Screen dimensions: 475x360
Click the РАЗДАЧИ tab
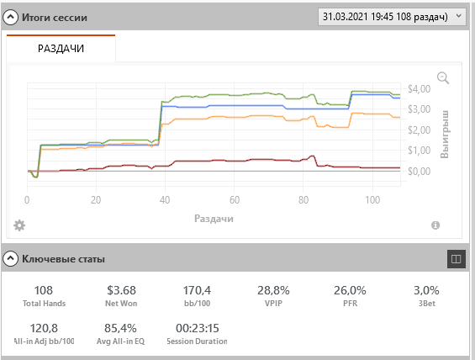click(61, 49)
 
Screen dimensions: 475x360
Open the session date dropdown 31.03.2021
click(392, 17)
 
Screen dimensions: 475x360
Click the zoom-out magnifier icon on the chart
click(443, 77)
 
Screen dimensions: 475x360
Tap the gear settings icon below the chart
click(19, 225)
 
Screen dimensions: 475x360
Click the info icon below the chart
click(435, 225)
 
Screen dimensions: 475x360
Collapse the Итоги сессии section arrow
click(10, 18)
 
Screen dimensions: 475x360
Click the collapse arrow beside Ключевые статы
click(10, 259)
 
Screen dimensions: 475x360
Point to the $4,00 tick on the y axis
click(419, 89)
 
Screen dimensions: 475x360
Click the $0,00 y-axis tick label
click(419, 172)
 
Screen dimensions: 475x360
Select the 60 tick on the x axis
click(235, 200)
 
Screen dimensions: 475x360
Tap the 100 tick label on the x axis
click(372, 200)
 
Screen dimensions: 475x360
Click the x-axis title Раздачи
click(214, 219)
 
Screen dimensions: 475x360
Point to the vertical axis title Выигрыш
click(445, 135)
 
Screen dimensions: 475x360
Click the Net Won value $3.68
click(121, 290)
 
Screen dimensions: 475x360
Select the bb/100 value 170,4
click(197, 290)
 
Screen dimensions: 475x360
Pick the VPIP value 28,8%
click(273, 290)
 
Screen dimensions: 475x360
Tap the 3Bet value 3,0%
click(426, 290)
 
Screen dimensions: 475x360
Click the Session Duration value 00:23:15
click(198, 328)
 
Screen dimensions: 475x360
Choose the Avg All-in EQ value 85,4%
click(120, 328)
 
